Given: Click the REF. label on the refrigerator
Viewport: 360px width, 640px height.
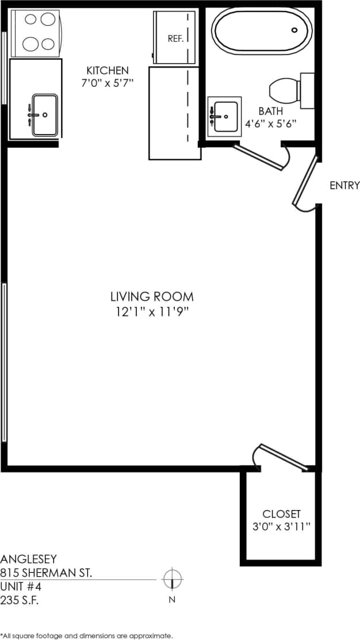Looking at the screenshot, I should [175, 39].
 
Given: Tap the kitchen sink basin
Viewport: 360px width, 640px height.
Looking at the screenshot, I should [45, 114].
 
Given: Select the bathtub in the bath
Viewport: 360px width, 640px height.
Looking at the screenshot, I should [262, 31].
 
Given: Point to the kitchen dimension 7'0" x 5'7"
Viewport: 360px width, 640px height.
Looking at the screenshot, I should [108, 83].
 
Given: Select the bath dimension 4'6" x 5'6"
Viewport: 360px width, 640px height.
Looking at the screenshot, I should [270, 123].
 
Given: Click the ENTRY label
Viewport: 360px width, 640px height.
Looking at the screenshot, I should [344, 185].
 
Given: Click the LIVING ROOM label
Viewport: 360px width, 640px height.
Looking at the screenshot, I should [152, 297].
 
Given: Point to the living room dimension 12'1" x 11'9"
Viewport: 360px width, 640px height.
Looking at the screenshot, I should [152, 313].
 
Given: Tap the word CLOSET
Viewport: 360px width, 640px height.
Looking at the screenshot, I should [281, 513].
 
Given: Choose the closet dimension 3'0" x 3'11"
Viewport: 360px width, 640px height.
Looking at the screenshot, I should [281, 527].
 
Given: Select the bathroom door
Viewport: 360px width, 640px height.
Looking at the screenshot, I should [259, 156].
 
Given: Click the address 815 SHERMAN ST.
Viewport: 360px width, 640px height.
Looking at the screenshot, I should [46, 573].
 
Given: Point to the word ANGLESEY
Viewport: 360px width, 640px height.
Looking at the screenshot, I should [28, 558].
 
